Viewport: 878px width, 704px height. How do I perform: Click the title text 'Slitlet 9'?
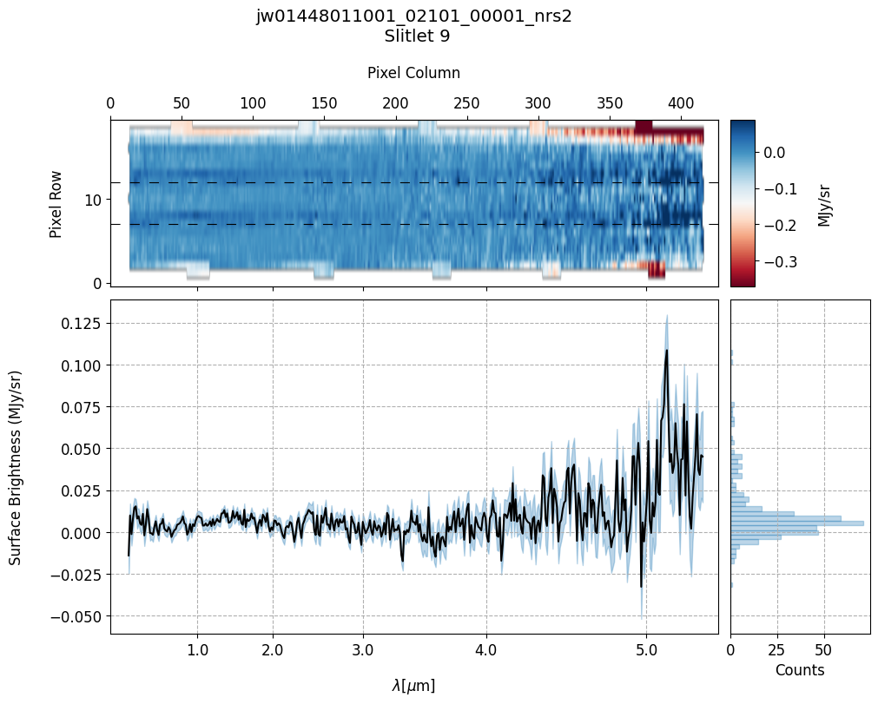coord(413,36)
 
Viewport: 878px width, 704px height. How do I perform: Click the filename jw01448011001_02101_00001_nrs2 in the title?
coord(413,16)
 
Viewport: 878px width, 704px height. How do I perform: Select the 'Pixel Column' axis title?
coord(413,73)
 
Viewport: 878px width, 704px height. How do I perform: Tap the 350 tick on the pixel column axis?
coord(610,102)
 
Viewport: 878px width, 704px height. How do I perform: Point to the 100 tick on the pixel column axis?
coord(253,102)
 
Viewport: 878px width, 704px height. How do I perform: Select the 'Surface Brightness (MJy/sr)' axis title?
coord(16,467)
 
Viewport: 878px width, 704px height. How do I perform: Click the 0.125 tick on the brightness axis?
coord(82,323)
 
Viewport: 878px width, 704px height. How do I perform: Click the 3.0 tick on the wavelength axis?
coord(363,651)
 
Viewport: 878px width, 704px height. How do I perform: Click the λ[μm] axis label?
coord(413,686)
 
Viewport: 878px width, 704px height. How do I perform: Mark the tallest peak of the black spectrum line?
coord(666,350)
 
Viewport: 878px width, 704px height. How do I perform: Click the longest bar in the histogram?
coord(796,523)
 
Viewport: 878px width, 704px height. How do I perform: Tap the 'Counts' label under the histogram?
coord(799,670)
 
